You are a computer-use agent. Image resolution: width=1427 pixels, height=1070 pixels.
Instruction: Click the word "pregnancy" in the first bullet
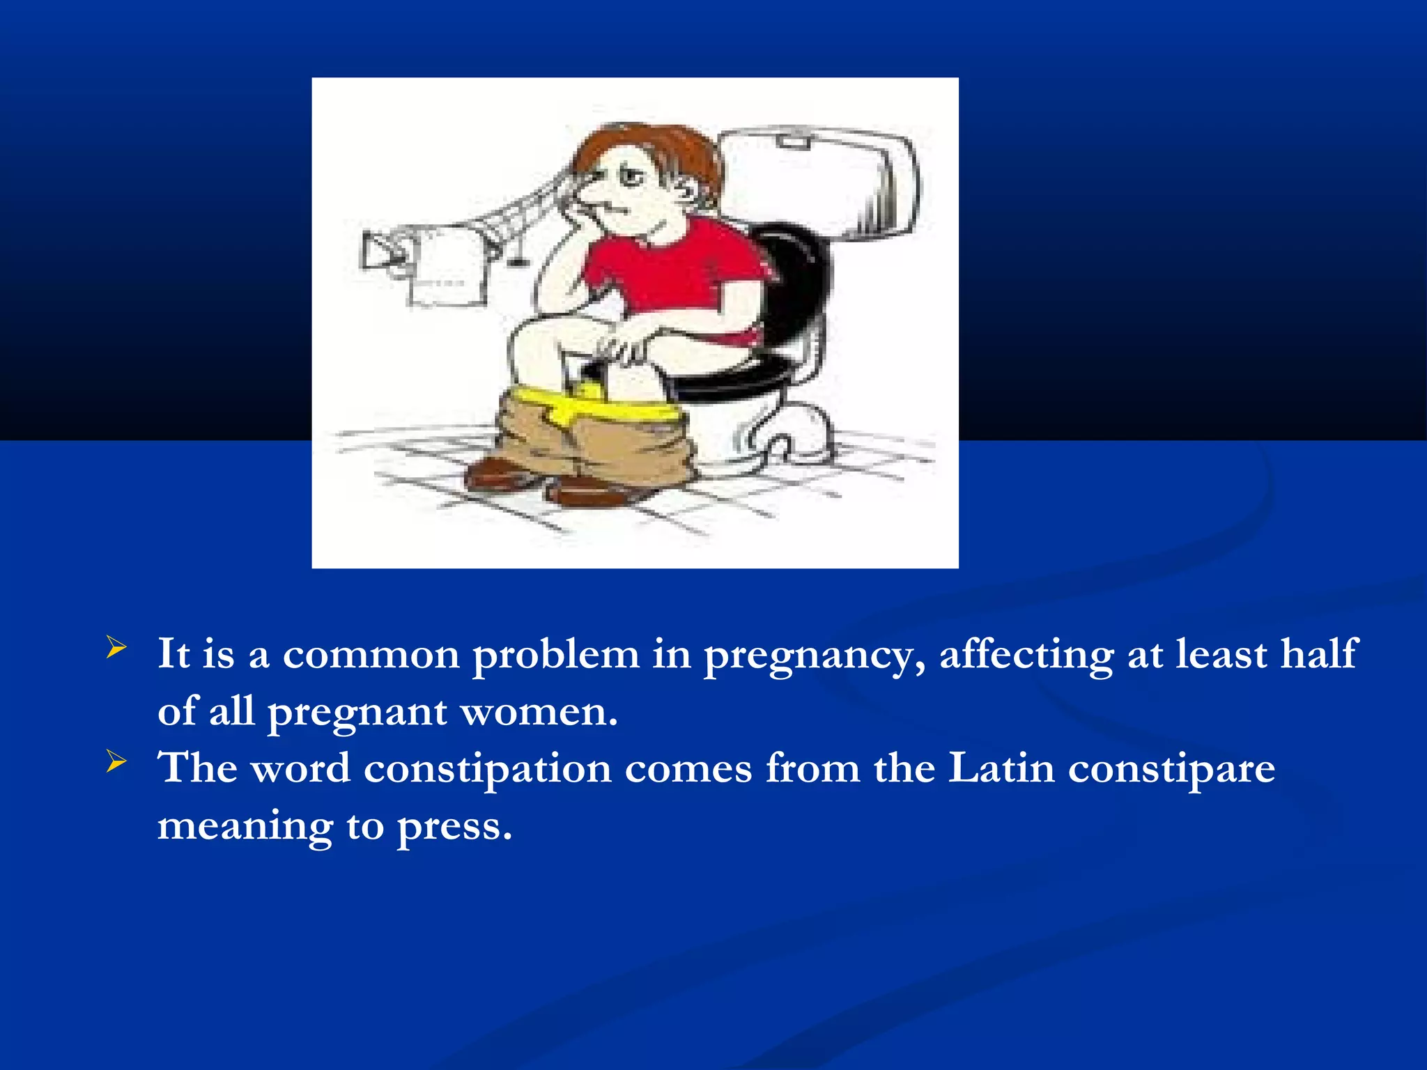click(814, 656)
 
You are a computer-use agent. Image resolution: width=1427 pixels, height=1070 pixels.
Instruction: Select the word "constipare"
click(1171, 770)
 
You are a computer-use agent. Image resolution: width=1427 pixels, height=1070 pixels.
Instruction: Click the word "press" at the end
click(454, 828)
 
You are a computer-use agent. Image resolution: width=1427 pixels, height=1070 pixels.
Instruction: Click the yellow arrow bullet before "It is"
click(116, 648)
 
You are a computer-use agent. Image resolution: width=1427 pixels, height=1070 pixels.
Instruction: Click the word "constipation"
click(487, 769)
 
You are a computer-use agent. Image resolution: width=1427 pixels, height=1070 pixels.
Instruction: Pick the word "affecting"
click(1026, 655)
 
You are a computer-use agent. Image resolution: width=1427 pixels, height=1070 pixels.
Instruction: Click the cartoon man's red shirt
click(669, 272)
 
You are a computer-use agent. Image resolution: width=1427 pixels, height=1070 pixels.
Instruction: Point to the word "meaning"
click(245, 828)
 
